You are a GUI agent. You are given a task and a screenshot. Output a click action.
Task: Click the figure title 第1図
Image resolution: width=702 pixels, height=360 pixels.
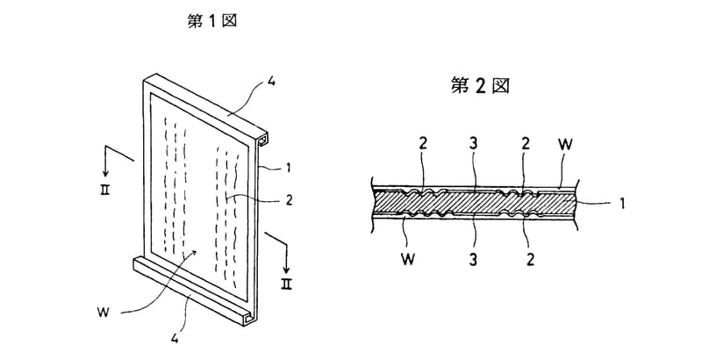(211, 21)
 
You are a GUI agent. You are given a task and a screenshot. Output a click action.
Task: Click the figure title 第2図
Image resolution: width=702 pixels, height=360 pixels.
(479, 85)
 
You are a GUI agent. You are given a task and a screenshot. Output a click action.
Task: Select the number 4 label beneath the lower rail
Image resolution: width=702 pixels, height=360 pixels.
(175, 340)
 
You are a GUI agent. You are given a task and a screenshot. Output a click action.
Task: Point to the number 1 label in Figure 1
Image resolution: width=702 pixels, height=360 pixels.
(289, 168)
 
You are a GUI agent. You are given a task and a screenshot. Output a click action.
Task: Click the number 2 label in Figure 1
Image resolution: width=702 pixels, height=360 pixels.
(289, 199)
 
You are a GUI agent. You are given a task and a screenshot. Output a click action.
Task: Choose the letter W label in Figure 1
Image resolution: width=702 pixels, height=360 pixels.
(103, 312)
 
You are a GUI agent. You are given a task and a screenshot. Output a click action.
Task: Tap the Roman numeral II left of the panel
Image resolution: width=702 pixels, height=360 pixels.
(104, 190)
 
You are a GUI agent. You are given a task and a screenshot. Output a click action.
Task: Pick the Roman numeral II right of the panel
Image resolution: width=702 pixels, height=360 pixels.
(286, 284)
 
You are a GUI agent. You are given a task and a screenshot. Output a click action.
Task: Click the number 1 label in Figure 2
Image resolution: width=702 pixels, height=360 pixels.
(620, 205)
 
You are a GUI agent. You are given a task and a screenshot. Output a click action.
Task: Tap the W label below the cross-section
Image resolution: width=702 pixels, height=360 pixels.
(407, 261)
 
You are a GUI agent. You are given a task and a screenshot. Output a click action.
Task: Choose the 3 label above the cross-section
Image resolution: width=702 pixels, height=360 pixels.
(474, 144)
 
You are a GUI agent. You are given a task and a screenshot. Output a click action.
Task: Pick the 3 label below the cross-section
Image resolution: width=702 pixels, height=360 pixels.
(474, 261)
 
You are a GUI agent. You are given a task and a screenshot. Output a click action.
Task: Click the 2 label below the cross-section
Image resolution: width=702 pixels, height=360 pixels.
(530, 261)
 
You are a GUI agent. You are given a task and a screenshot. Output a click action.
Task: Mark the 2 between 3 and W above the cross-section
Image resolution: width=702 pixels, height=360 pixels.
(526, 144)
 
